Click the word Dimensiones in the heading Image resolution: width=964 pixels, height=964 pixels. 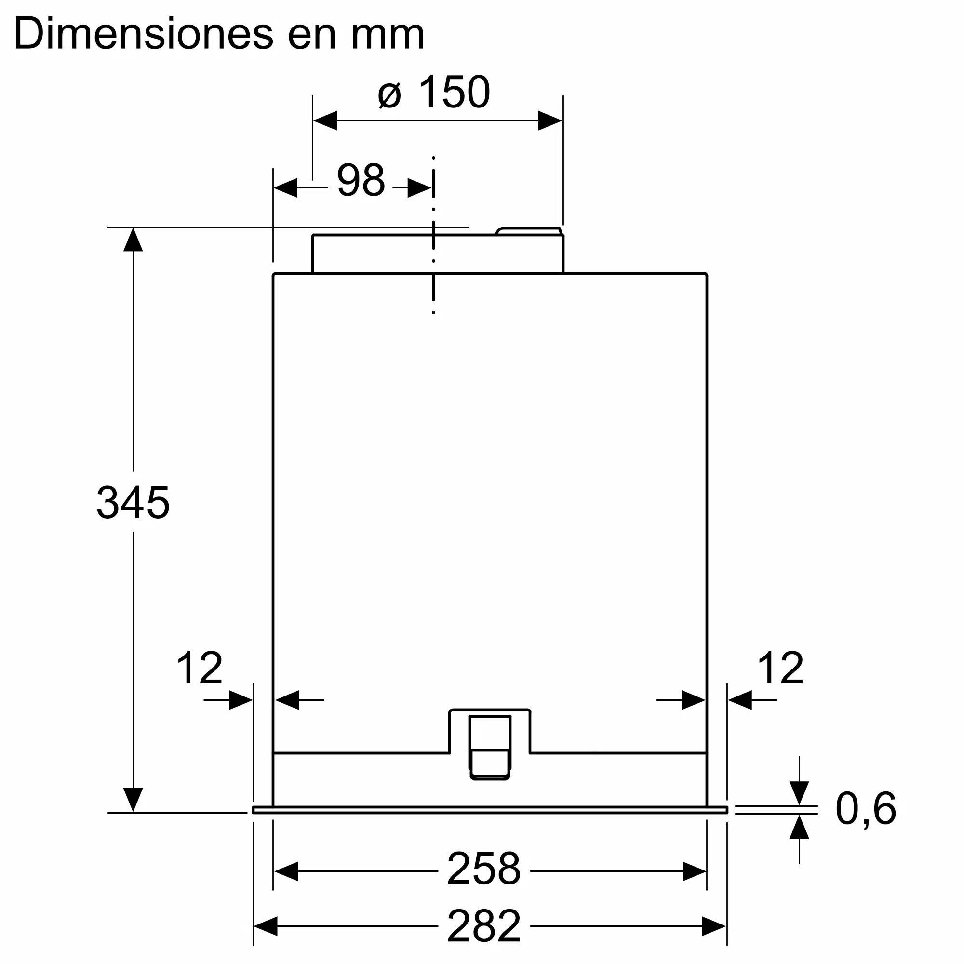(144, 34)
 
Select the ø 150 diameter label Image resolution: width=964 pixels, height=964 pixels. (434, 93)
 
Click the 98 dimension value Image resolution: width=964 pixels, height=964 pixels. (361, 181)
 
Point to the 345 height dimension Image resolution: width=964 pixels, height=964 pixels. (133, 502)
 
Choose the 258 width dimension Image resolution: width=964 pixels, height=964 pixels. (483, 869)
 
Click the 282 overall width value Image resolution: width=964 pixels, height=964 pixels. (483, 926)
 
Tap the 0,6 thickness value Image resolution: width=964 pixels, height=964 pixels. (866, 809)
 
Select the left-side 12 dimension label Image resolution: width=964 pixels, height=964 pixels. (199, 668)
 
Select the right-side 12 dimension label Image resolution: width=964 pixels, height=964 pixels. (780, 668)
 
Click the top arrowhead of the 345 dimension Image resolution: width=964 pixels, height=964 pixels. (133, 240)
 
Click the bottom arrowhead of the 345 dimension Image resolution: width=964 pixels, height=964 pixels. (133, 799)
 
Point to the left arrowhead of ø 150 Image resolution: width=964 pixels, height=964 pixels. (325, 121)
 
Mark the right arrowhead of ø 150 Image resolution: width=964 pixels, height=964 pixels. (550, 121)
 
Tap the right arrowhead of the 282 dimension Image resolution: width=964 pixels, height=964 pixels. (713, 926)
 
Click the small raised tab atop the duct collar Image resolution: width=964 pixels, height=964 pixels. (529, 231)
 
